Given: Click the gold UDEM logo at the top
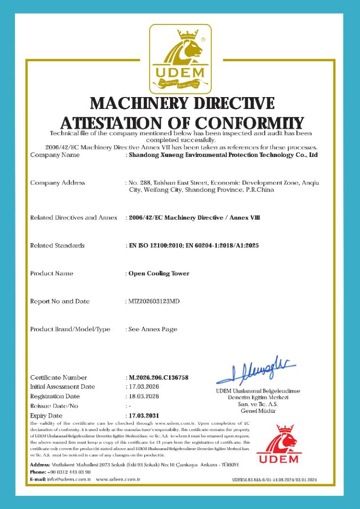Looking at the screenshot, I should (180, 59).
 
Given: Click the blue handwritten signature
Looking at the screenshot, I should (257, 373).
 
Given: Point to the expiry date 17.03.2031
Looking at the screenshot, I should (144, 416).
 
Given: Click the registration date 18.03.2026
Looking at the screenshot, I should (144, 396).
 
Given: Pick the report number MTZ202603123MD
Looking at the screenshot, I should (154, 301).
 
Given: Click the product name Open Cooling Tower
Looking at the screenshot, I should (159, 273).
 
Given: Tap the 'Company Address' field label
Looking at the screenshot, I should (57, 183).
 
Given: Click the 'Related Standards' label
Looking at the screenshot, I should (57, 246).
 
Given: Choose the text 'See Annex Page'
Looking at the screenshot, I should (153, 329).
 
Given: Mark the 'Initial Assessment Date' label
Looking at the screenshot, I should (63, 387).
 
